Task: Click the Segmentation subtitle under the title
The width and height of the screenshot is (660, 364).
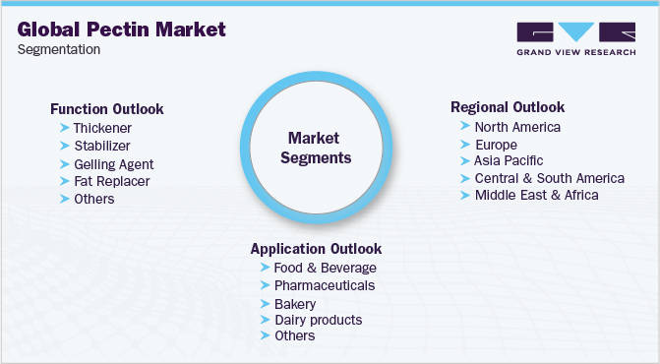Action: pos(59,49)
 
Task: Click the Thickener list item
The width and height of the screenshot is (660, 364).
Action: pos(102,128)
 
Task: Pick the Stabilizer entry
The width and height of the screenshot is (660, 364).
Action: pos(102,146)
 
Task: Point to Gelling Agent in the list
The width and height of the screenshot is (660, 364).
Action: pos(113,164)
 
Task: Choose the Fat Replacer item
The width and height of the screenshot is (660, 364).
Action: pos(111,181)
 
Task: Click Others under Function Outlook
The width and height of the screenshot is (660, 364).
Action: pos(93,199)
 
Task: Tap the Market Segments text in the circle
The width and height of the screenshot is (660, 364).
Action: pos(319,148)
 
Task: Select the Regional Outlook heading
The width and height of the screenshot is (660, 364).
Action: pos(508,107)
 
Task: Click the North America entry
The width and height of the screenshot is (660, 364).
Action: pos(517,127)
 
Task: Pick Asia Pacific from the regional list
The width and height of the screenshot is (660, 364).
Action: pos(509,160)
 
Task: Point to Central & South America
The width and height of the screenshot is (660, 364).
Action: pos(549,178)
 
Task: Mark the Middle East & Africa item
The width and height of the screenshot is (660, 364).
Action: pos(536,195)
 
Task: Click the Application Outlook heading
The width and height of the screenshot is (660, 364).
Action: pos(316,249)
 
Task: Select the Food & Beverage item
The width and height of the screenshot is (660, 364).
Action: pos(325,268)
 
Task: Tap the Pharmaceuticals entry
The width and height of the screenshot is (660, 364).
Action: pos(324,285)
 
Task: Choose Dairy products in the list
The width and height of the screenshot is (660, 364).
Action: pos(318,320)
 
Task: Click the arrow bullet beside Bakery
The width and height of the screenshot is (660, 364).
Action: pos(264,303)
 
